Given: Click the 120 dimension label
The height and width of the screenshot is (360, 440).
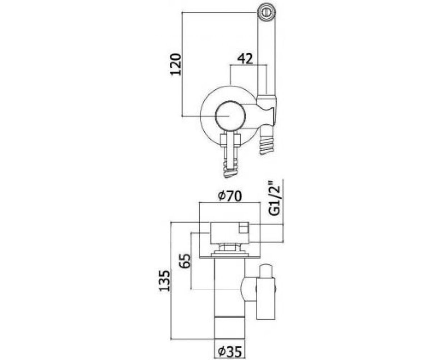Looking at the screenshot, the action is (176, 64).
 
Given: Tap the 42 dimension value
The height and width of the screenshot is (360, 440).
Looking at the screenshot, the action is (245, 59).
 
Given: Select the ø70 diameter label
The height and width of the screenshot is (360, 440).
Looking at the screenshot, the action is (229, 196).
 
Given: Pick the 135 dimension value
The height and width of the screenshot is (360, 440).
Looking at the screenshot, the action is (165, 280).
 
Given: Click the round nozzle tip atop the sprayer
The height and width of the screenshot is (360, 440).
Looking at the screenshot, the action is (267, 12).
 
